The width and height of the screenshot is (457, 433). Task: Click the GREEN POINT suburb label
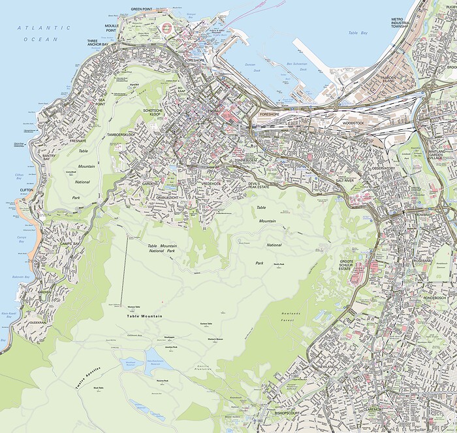click(x=146, y=9)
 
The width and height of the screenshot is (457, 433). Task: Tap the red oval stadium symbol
click(x=166, y=28)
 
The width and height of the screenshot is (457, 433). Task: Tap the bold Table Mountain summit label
click(x=140, y=316)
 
